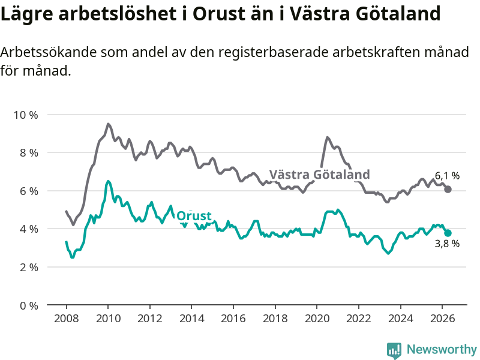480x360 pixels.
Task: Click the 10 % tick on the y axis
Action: tap(26, 115)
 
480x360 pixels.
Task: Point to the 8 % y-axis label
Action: tap(29, 153)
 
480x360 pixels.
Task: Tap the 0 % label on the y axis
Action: tap(29, 305)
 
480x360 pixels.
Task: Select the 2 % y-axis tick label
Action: tap(29, 267)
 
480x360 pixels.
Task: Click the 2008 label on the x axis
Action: tap(67, 319)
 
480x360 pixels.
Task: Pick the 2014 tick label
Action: tap(191, 319)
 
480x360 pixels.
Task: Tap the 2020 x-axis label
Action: tap(317, 319)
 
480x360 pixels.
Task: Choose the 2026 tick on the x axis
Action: tap(442, 319)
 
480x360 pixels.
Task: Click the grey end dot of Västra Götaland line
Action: tap(448, 190)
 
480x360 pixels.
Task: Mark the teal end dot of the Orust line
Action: tap(448, 233)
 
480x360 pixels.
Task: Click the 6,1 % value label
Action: tap(447, 176)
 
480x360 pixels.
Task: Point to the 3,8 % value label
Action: tap(447, 244)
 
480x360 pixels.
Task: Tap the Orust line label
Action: tap(194, 216)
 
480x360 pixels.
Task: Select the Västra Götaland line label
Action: tap(320, 174)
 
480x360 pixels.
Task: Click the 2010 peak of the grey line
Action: tap(108, 124)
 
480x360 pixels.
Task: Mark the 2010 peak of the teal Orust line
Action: tap(108, 181)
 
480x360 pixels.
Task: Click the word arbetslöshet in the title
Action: tap(117, 14)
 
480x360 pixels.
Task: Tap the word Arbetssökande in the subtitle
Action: tap(49, 52)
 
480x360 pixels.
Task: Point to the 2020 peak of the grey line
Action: tap(327, 137)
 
